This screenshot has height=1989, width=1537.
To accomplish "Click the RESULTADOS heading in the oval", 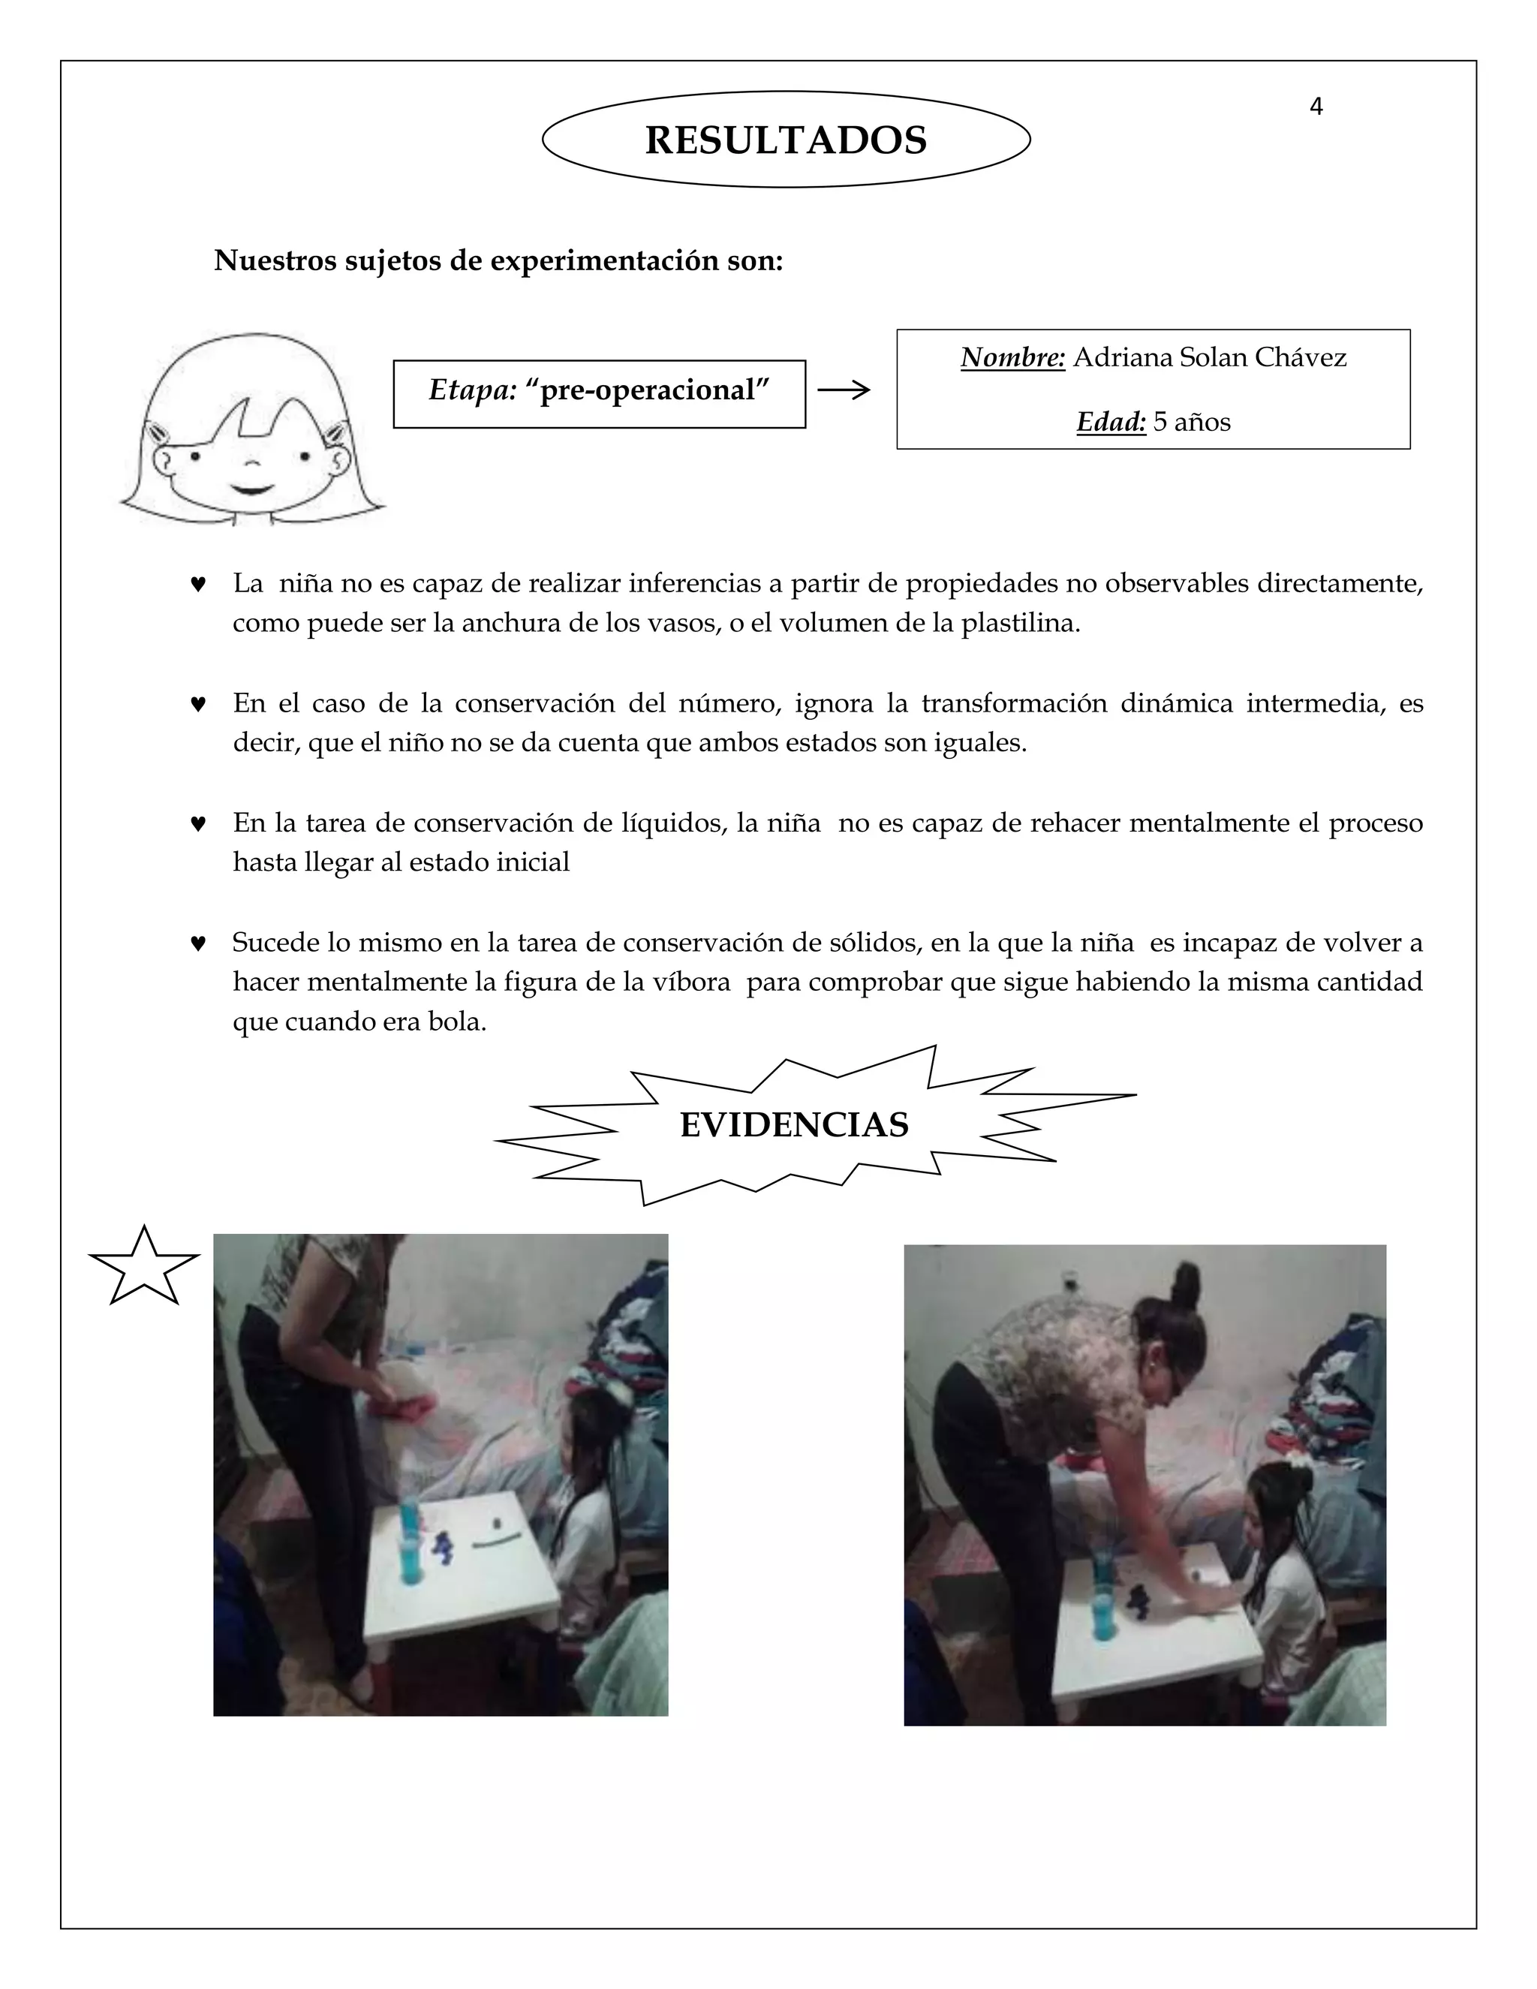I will (785, 140).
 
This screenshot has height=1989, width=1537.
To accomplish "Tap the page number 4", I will (1315, 107).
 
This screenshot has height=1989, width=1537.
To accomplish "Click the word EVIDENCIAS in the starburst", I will (794, 1126).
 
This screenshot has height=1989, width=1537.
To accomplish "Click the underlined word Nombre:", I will (1012, 358).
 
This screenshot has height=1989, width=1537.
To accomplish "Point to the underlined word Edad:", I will (1110, 422).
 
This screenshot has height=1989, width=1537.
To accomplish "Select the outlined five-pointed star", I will (144, 1267).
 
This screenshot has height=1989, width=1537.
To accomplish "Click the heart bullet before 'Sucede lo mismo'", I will (197, 943).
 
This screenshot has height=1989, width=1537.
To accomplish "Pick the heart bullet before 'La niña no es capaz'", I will (197, 584).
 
